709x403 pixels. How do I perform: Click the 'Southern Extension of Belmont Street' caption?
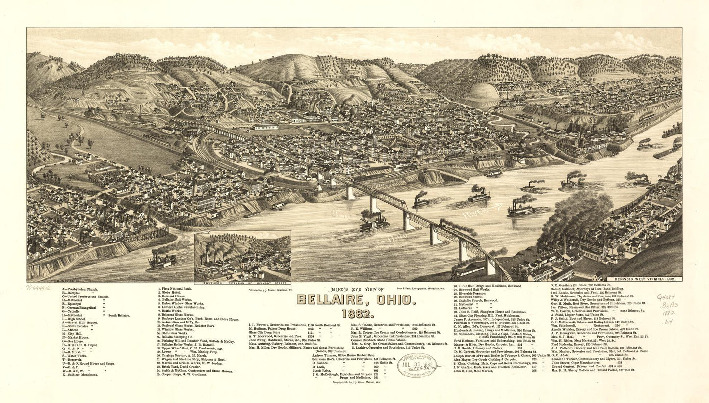pyautogui.click(x=242, y=284)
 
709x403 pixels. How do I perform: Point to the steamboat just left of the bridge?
pyautogui.click(x=374, y=224)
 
